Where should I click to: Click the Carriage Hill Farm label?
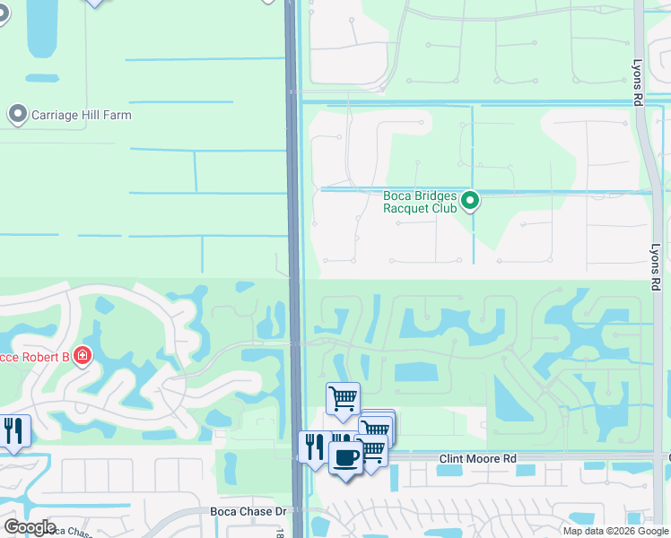point(82,115)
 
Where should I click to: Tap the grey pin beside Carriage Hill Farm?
point(17,114)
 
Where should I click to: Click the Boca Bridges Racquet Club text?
point(420,203)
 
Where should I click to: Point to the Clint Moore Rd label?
point(477,459)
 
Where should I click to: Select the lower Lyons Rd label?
point(656,267)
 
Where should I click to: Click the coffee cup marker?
point(344,457)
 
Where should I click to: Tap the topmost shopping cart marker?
point(343,397)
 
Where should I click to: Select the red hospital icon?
point(83,356)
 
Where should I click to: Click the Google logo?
point(29,527)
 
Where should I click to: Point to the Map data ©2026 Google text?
point(616,531)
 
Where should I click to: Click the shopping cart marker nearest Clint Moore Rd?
point(373,450)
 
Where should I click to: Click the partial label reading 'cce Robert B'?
point(35,357)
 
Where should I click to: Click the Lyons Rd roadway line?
point(644,179)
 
